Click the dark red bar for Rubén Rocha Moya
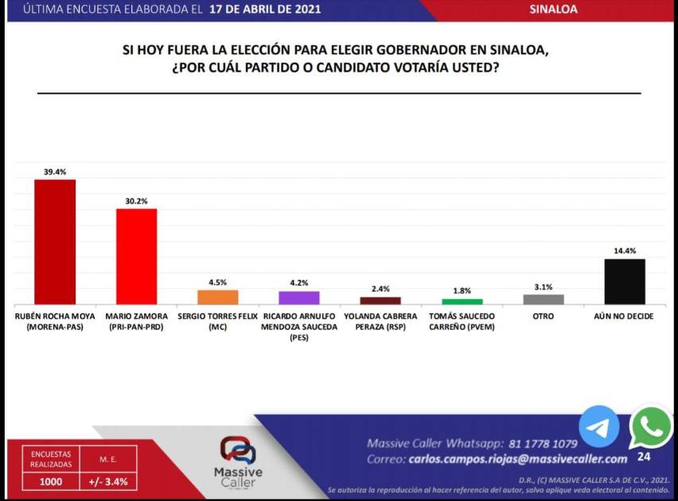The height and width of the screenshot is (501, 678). pos(55,242)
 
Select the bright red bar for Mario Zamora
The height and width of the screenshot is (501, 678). pos(136,256)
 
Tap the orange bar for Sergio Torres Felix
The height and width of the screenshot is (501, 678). pos(218,297)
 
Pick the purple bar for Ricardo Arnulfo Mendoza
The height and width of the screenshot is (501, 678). pos(299,297)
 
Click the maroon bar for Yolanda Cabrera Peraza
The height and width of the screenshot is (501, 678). pos(380,301)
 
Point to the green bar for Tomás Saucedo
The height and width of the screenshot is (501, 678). pos(462,301)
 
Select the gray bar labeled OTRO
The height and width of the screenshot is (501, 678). pos(544,299)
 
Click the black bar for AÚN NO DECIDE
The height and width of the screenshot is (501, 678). pos(625,282)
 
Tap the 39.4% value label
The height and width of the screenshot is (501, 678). pos(55,171)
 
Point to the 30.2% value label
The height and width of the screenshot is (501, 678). pos(136,201)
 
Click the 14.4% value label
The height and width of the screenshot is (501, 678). pos(625,251)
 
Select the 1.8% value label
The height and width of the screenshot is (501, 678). pos(462,291)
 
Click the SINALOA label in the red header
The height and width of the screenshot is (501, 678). pos(553,10)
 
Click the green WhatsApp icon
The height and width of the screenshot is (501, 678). pos(651,428)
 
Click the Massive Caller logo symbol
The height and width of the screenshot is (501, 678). pos(238,450)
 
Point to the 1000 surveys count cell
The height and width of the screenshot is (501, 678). pos(51,481)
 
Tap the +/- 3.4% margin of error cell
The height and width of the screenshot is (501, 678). pos(107,481)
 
